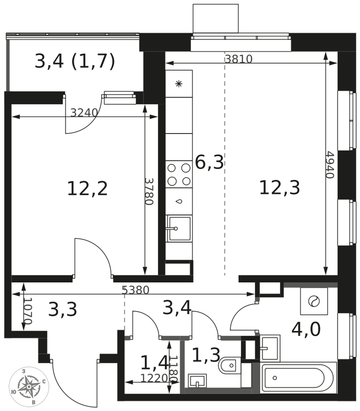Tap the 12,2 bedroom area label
pyautogui.click(x=88, y=189)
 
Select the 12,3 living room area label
pyautogui.click(x=279, y=188)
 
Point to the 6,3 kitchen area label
pyautogui.click(x=209, y=162)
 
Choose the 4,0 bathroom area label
pyautogui.click(x=306, y=330)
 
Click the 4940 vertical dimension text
pyautogui.click(x=330, y=165)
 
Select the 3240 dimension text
pyautogui.click(x=84, y=113)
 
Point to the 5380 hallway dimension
pyautogui.click(x=136, y=290)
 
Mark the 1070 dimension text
pyautogui.click(x=28, y=311)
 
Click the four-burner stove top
pyautogui.click(x=179, y=174)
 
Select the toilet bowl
pyautogui.click(x=229, y=365)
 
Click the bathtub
pyautogui.click(x=298, y=378)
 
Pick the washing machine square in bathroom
pyautogui.click(x=314, y=301)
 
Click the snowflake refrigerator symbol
pyautogui.click(x=179, y=84)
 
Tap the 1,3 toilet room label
pyautogui.click(x=206, y=355)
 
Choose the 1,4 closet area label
pyautogui.click(x=155, y=363)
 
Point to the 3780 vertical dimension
pyautogui.click(x=149, y=192)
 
